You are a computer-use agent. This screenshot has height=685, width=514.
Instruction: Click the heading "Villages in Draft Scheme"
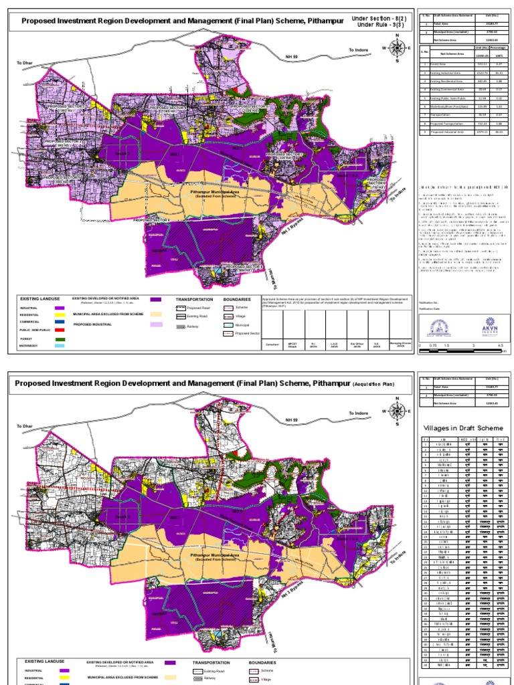point(462,428)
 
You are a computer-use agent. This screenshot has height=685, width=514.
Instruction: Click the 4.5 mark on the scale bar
point(500,345)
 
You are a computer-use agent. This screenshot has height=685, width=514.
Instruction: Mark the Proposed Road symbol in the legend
point(179,308)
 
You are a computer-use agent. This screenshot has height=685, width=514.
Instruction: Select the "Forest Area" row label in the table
point(438,65)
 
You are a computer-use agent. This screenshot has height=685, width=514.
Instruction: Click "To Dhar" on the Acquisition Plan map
point(25,426)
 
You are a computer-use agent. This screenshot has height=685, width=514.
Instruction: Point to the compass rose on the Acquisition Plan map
point(398,409)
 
